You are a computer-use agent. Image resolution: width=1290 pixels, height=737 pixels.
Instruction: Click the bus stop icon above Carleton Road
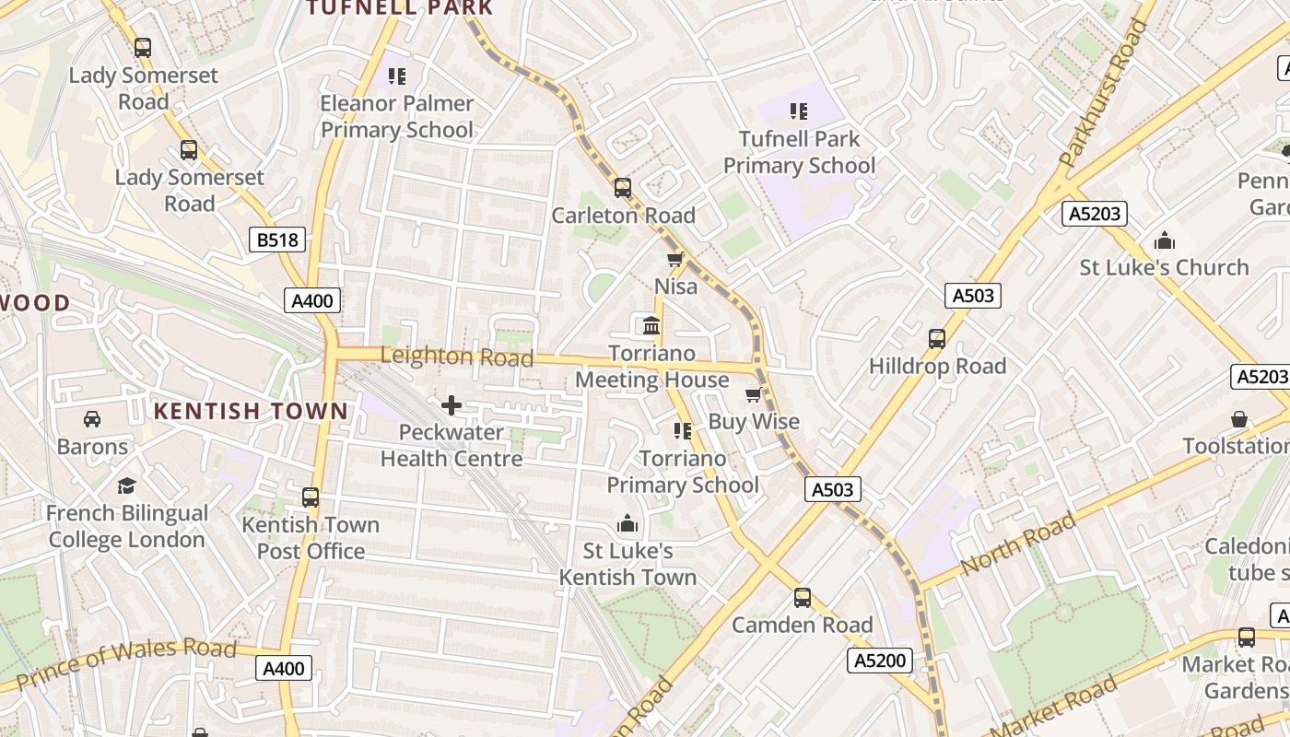point(623,188)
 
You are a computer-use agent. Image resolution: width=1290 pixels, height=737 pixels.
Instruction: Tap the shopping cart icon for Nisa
point(675,260)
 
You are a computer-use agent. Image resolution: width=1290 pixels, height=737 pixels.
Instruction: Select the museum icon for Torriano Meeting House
point(651,326)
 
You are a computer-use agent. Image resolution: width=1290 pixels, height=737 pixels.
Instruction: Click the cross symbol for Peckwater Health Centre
point(451,404)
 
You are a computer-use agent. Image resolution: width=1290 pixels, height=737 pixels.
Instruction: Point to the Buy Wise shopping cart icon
point(754,395)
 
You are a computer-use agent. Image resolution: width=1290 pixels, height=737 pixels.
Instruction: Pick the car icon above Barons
point(92,419)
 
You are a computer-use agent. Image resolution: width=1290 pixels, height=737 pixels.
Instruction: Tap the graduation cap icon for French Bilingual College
point(126,485)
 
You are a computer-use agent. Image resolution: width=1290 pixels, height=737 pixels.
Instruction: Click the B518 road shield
point(277,240)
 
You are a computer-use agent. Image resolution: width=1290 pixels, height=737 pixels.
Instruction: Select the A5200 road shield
point(881,660)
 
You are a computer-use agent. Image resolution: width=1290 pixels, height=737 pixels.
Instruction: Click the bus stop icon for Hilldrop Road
point(937,339)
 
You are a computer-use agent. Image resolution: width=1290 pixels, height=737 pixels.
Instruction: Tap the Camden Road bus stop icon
point(803,598)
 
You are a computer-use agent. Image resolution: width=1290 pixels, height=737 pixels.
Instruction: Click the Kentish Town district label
point(251,411)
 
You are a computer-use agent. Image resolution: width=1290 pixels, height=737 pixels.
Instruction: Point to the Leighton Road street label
point(456,356)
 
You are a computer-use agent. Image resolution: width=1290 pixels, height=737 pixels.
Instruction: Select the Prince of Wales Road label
point(126,662)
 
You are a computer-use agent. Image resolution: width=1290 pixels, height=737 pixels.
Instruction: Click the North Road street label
point(1018,544)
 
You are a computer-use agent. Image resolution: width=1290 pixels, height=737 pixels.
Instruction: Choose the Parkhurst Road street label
point(1103,94)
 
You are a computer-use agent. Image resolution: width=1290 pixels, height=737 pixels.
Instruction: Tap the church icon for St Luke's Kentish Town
point(627,524)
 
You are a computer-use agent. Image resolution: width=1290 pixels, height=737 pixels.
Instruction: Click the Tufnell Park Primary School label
point(799,152)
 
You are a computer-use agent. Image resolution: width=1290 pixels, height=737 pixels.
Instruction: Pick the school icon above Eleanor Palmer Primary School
point(397,76)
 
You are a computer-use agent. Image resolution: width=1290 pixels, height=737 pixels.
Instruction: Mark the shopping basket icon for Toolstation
point(1239,419)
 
